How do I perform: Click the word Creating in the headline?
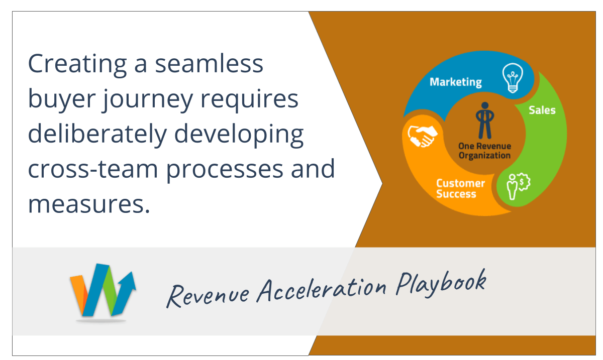pyautogui.click(x=77, y=65)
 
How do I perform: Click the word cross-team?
pyautogui.click(x=93, y=169)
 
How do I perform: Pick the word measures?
pyautogui.click(x=89, y=204)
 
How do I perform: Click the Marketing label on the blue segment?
pyautogui.click(x=455, y=82)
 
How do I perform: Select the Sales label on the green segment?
pyautogui.click(x=542, y=110)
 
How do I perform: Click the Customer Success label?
pyautogui.click(x=460, y=188)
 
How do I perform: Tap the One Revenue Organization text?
pyautogui.click(x=484, y=151)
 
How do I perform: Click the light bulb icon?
pyautogui.click(x=513, y=78)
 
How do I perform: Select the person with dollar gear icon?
pyautogui.click(x=518, y=186)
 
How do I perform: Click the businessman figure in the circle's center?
pyautogui.click(x=485, y=121)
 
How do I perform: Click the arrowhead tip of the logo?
pyautogui.click(x=132, y=272)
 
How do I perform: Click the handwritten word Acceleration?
pyautogui.click(x=322, y=291)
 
